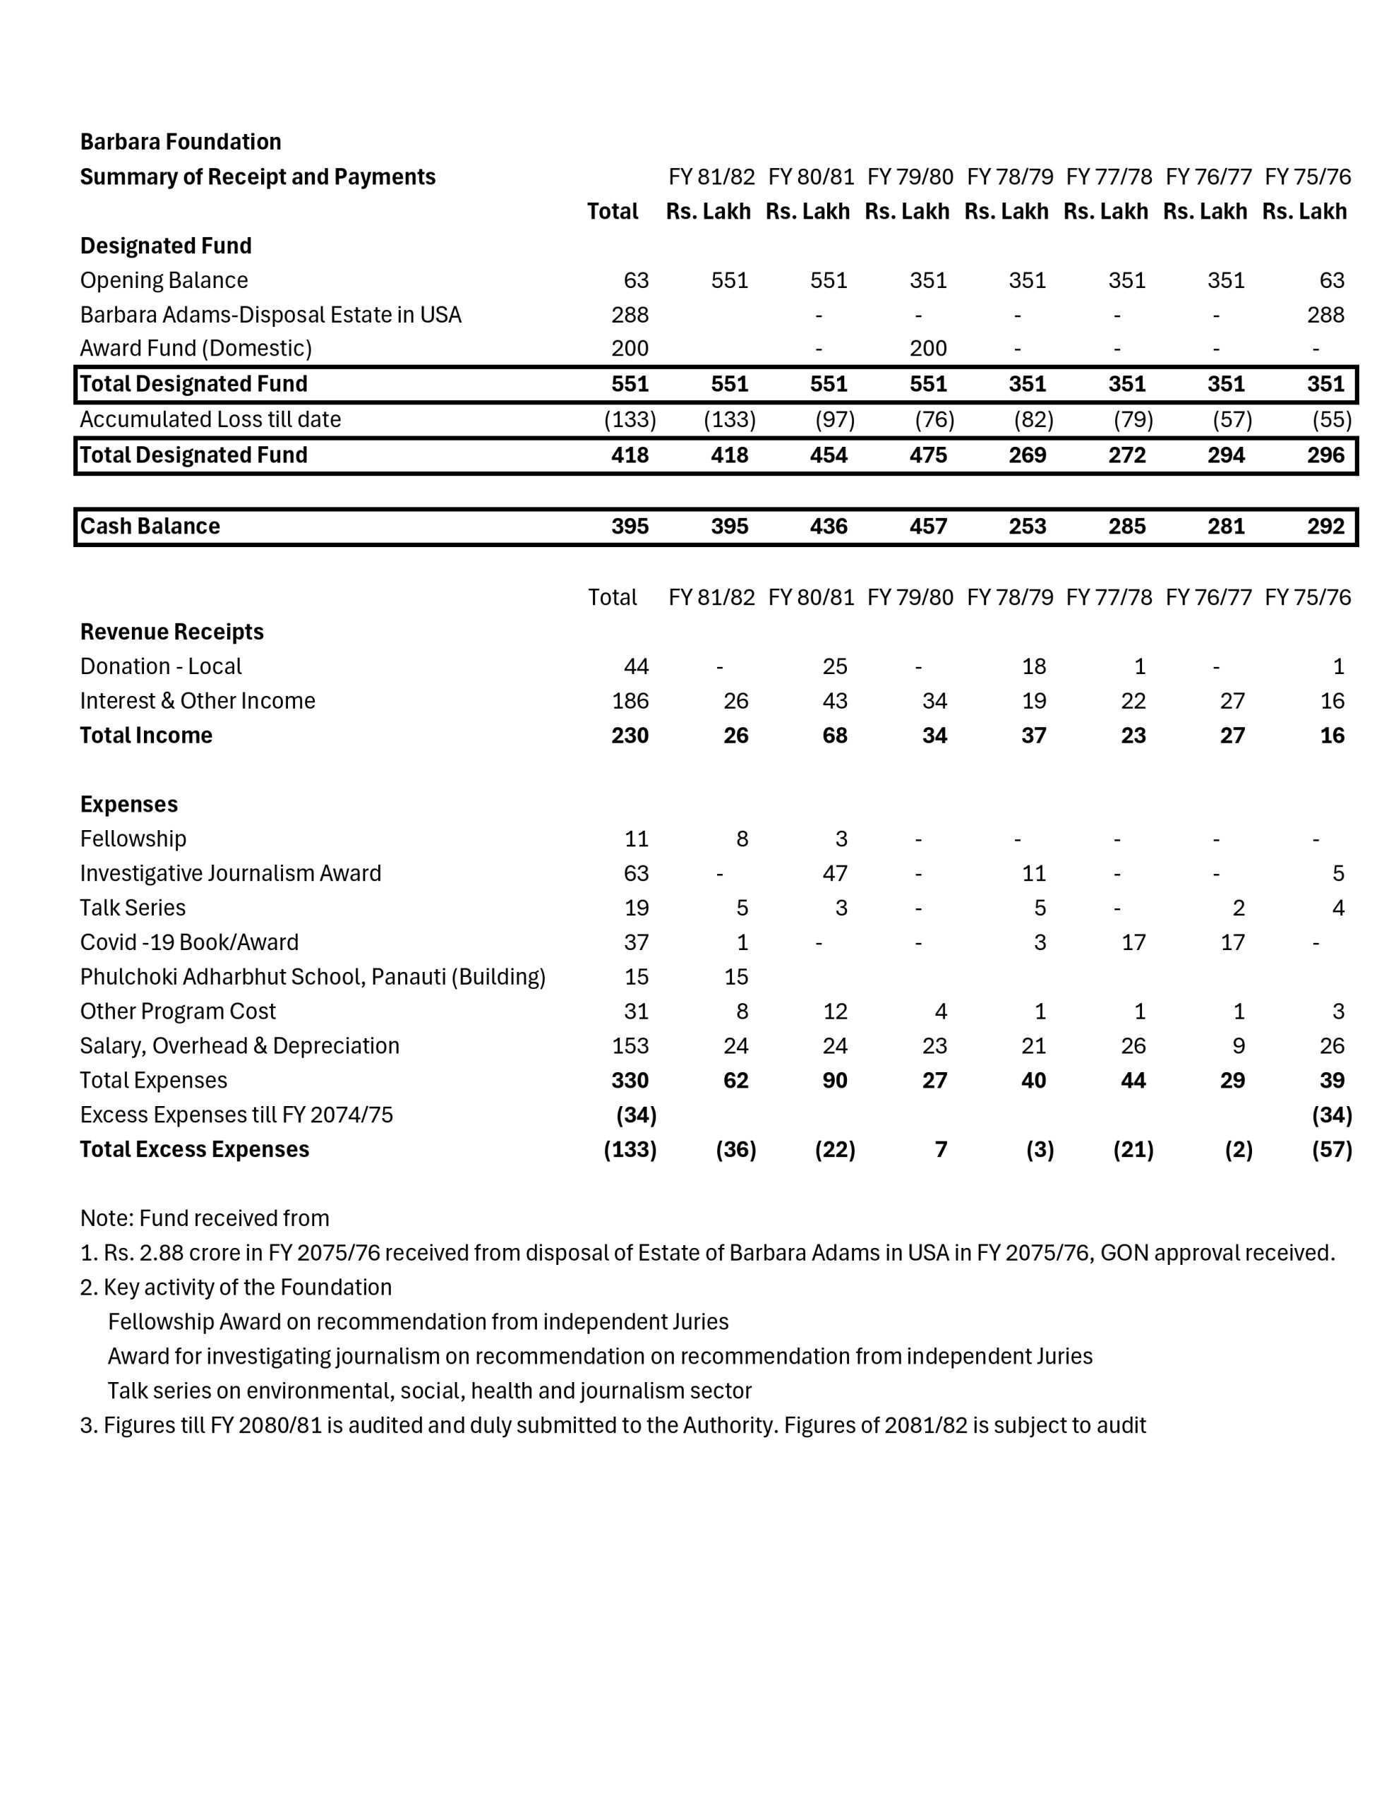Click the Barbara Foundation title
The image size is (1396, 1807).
[x=181, y=141]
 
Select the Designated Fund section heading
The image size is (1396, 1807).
[x=165, y=246]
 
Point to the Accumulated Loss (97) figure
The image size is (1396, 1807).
[x=834, y=419]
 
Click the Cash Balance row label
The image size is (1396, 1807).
[x=150, y=526]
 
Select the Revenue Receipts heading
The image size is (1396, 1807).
[x=172, y=632]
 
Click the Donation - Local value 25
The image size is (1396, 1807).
[x=834, y=666]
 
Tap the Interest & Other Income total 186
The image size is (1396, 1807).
[x=630, y=701]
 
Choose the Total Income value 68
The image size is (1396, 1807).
[x=834, y=736]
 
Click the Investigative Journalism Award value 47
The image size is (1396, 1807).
[x=834, y=874]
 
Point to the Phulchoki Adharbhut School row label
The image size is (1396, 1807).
[x=312, y=977]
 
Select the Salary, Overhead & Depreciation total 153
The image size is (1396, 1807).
[x=630, y=1046]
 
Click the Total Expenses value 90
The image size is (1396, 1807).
[x=834, y=1081]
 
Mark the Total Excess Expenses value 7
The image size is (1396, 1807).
[x=940, y=1149]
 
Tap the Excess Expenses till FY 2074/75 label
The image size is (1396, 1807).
[x=236, y=1115]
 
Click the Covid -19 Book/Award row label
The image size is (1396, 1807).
[x=188, y=942]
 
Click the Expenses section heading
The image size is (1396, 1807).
[x=128, y=804]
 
